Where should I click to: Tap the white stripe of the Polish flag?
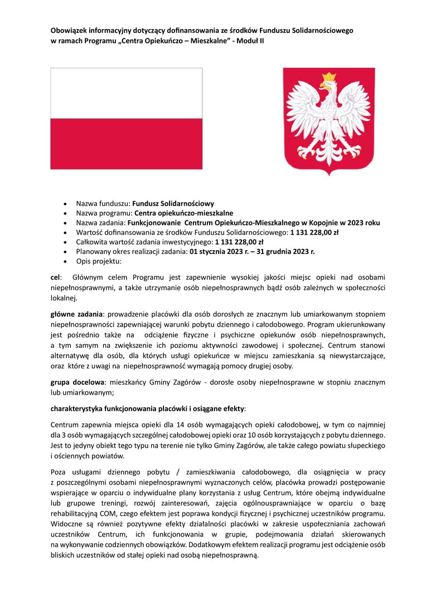point(126,93)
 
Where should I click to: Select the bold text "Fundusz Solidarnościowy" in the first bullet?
point(173,203)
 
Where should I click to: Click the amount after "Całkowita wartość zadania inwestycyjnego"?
point(239,242)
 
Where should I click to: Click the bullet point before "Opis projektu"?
point(66,261)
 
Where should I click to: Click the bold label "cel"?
point(56,277)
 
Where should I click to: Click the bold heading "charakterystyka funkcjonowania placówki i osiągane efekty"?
point(147,409)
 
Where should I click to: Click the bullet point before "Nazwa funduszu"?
point(66,204)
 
